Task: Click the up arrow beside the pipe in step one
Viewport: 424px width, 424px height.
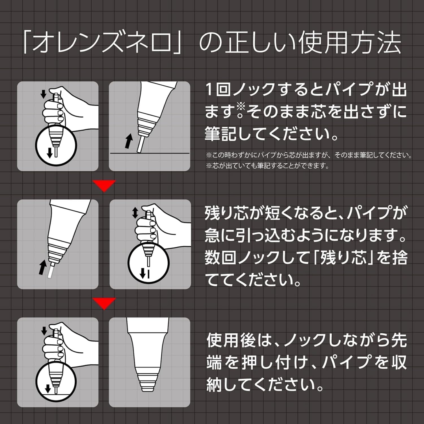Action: click(129, 141)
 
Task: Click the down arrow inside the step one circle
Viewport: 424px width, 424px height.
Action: click(50, 152)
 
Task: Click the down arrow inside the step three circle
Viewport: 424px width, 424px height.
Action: click(48, 389)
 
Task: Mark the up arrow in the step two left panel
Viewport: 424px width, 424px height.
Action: click(43, 267)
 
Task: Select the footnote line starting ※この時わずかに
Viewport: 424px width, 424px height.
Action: click(308, 155)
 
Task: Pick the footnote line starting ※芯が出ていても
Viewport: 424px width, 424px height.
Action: click(267, 166)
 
